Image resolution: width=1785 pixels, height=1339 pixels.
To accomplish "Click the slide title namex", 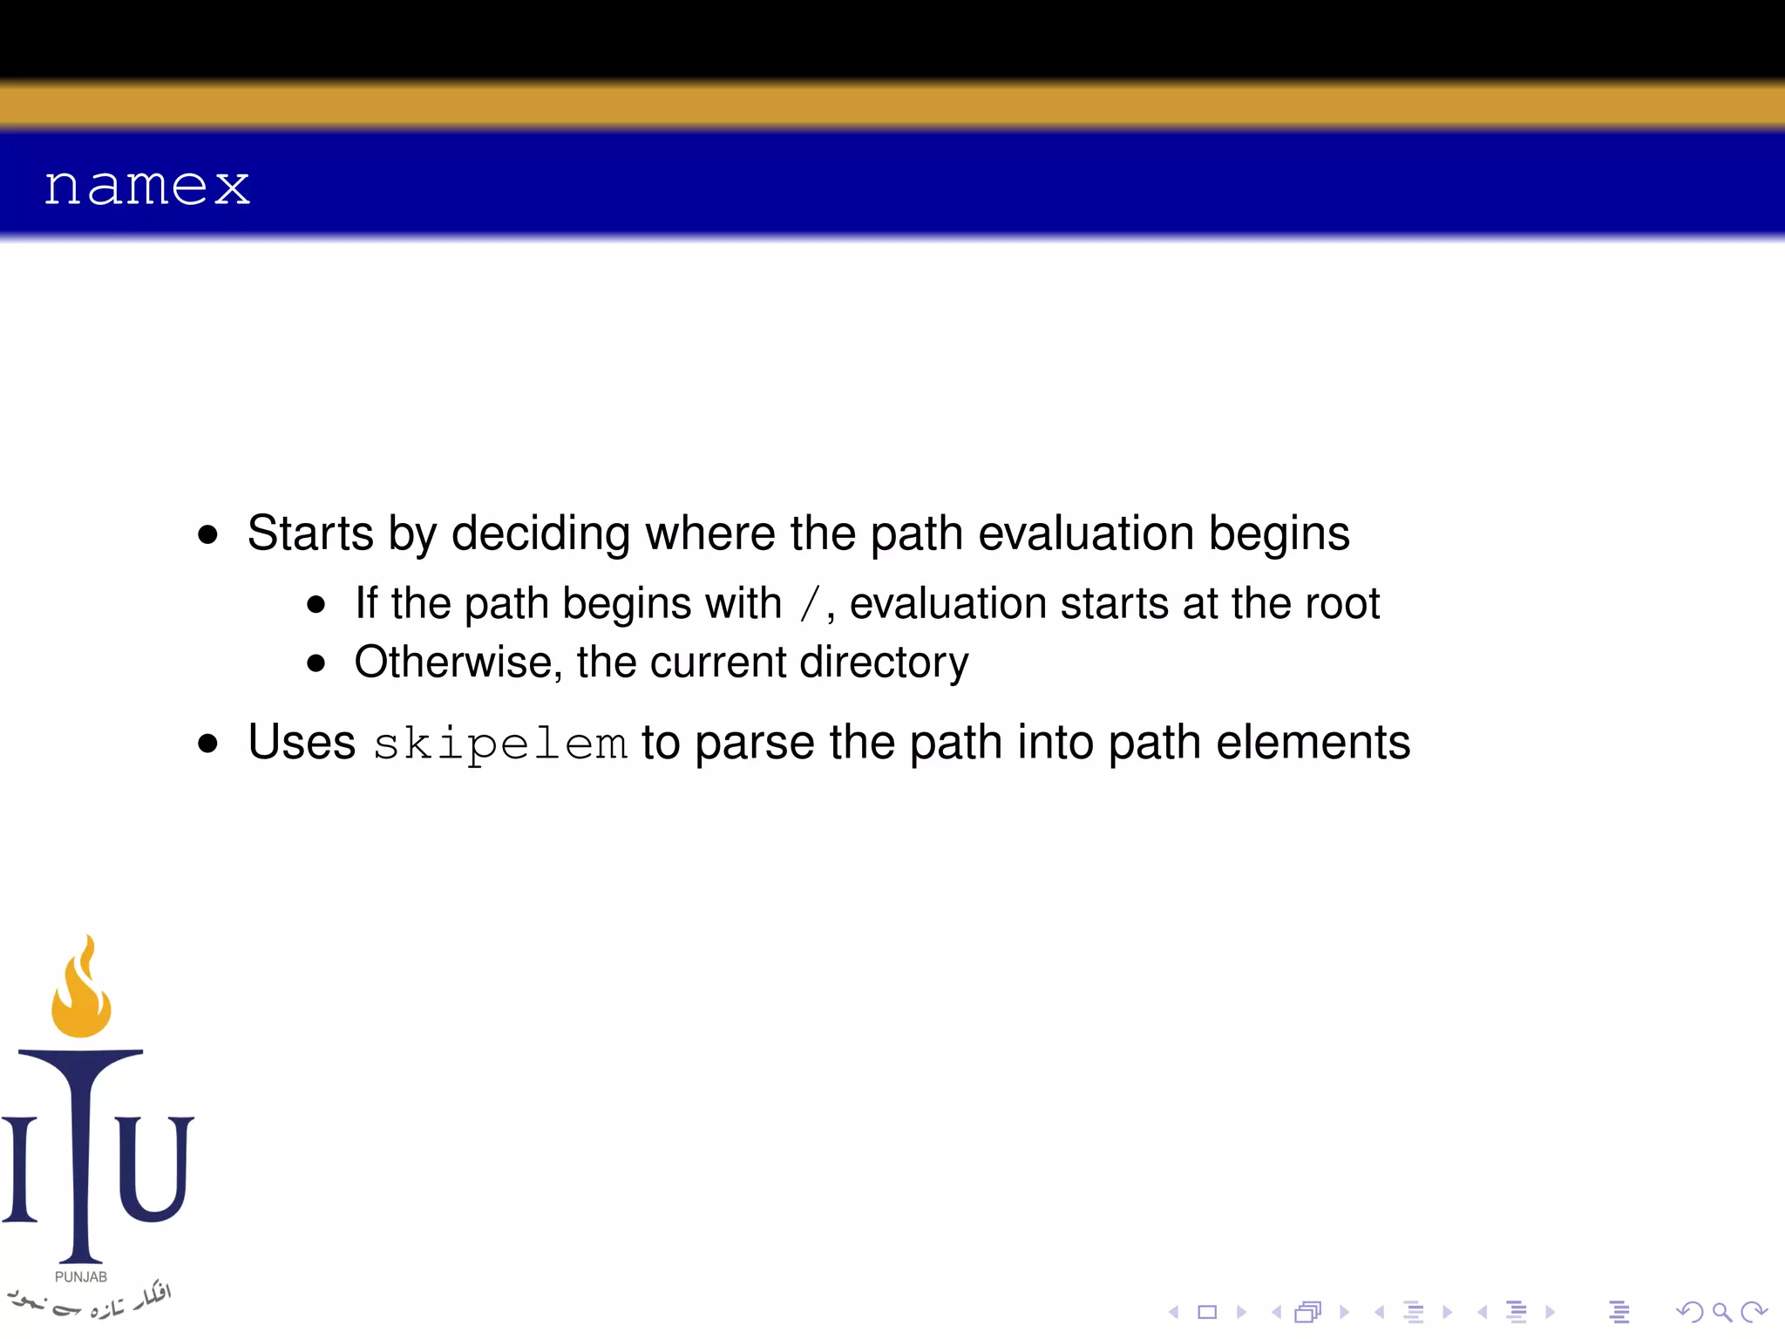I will click(146, 186).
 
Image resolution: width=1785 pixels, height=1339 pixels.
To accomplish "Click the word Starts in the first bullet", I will click(309, 533).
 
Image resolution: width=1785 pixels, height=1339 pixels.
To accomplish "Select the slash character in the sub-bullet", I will click(810, 604).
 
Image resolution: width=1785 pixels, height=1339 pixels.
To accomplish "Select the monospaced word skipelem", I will click(499, 744).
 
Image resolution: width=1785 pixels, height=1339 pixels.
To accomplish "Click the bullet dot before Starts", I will click(207, 534).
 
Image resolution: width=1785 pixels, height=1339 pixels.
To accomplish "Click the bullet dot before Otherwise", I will click(316, 663).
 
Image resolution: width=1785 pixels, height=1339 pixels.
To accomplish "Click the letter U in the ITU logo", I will click(154, 1168).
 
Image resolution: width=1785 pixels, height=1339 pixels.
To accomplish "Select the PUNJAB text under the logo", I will click(81, 1277).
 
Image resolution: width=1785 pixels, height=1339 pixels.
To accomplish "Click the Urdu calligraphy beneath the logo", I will click(92, 1302).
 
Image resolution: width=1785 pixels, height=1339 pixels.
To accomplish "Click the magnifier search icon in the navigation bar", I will click(1721, 1312).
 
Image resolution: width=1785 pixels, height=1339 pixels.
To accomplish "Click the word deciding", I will click(540, 533).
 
